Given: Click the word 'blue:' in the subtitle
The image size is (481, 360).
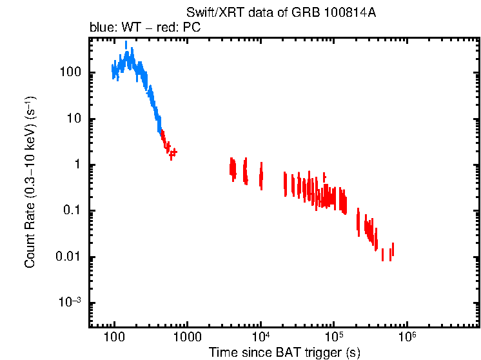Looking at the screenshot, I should pyautogui.click(x=101, y=28).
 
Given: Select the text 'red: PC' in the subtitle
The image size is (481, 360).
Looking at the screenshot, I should pyautogui.click(x=183, y=28).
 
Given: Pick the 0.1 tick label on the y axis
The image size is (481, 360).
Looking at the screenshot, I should pyautogui.click(x=73, y=211).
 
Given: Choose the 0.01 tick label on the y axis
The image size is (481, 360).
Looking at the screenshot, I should pyautogui.click(x=70, y=257).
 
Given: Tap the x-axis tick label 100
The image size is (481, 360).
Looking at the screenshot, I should pyautogui.click(x=114, y=337).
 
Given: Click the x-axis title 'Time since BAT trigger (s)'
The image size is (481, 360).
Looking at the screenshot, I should pyautogui.click(x=284, y=352).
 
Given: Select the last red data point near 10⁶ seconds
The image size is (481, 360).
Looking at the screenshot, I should pyautogui.click(x=392, y=250).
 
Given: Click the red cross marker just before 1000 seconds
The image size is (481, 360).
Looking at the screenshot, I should pyautogui.click(x=173, y=152).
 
